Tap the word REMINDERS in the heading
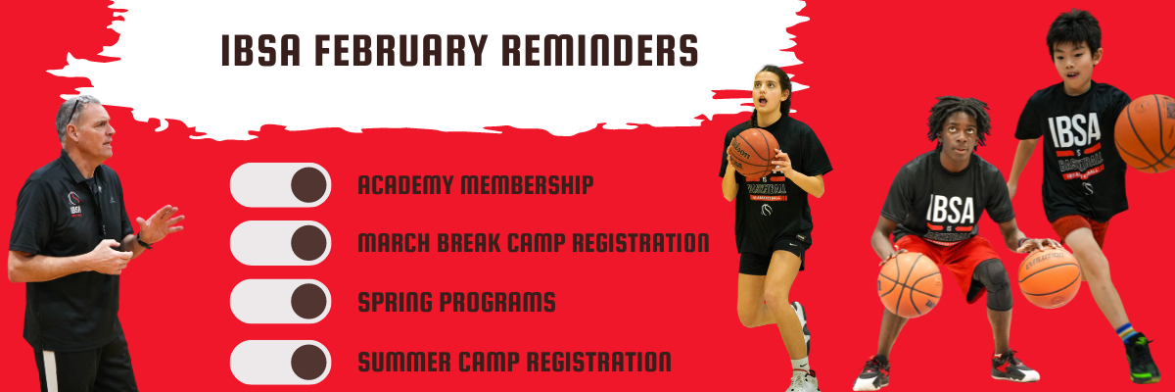(x=600, y=50)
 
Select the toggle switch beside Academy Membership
(x=281, y=184)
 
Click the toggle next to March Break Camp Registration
(x=281, y=243)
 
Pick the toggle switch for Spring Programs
(x=281, y=302)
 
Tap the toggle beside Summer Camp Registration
(x=281, y=362)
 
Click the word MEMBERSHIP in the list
(x=527, y=184)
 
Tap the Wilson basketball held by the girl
(x=754, y=153)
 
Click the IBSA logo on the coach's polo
(x=75, y=204)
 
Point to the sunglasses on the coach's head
(x=74, y=109)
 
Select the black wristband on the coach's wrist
(x=143, y=241)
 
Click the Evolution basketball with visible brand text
(x=1049, y=277)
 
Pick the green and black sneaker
(x=1142, y=359)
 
